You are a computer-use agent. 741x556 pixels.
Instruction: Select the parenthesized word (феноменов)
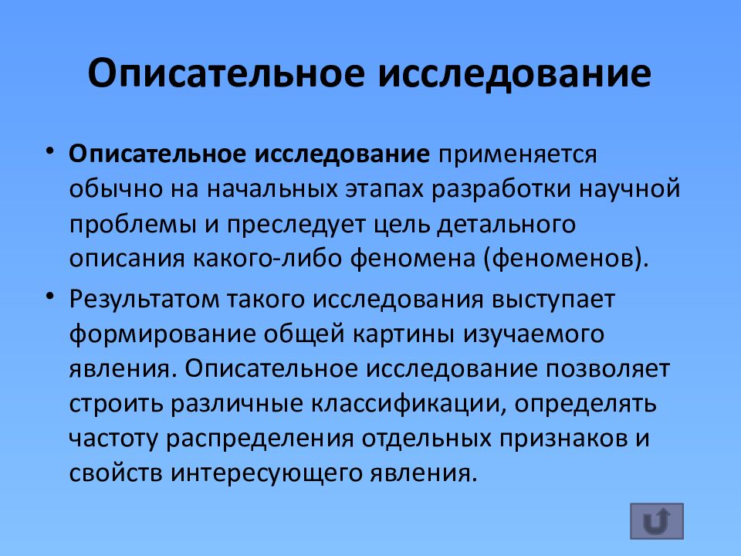[563, 257]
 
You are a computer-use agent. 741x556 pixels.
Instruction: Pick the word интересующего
[255, 472]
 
